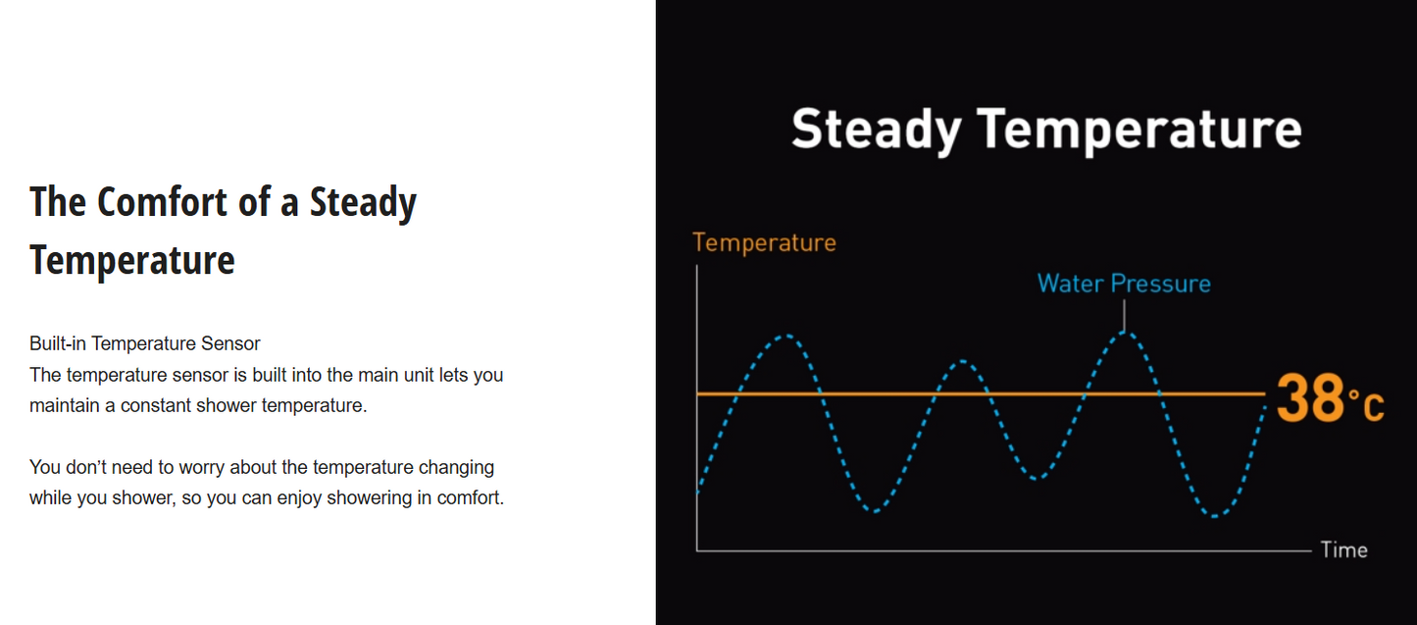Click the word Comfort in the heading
point(163,202)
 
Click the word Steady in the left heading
point(363,204)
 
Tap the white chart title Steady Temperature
point(1046,130)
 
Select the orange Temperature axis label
point(764,243)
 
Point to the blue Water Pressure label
point(1124,283)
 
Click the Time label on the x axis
point(1344,549)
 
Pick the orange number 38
point(1309,397)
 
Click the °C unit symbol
point(1366,403)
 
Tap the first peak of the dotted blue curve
point(786,336)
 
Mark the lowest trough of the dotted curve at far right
point(1215,516)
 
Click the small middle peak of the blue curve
point(962,361)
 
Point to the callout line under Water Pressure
point(1124,315)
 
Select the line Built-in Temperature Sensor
point(145,343)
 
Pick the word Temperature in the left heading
point(132,260)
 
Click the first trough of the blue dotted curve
point(875,510)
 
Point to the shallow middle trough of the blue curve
point(1035,478)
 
